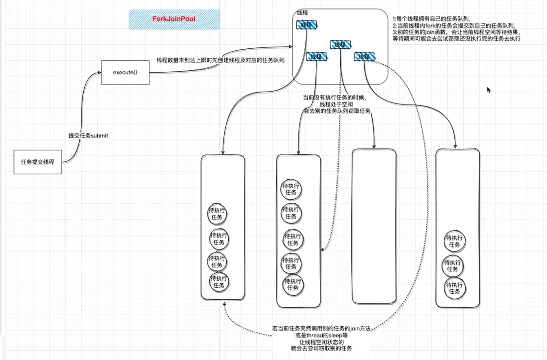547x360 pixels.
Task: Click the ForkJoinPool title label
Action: point(174,19)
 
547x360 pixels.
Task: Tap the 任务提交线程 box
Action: point(37,162)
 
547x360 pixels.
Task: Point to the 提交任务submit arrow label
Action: point(88,135)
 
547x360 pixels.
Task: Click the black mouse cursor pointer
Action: point(489,90)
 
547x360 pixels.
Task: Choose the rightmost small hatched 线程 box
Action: point(364,56)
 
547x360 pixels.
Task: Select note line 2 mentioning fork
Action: point(454,25)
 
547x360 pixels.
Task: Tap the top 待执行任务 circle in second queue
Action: point(291,189)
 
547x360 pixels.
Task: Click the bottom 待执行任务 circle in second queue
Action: point(292,285)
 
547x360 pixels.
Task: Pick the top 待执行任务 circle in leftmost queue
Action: point(217,215)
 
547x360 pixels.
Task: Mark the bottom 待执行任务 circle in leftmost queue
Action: point(219,282)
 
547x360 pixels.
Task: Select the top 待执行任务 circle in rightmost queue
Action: point(454,241)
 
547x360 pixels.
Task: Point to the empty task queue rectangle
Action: point(374,226)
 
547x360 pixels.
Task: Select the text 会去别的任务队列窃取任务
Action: point(337,111)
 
